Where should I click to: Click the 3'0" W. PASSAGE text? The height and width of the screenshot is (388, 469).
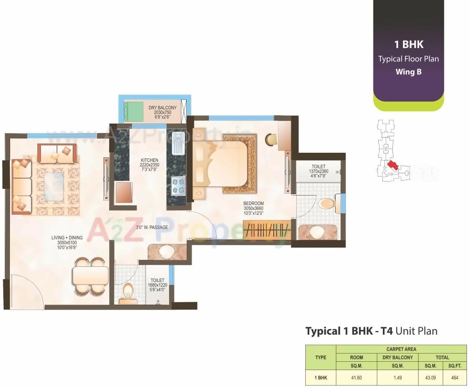pyautogui.click(x=152, y=227)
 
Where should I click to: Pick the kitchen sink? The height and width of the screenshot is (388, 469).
pyautogui.click(x=178, y=143)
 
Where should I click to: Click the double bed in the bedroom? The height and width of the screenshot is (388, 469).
pyautogui.click(x=224, y=164)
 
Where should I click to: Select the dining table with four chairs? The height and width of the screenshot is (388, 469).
pyautogui.click(x=90, y=276)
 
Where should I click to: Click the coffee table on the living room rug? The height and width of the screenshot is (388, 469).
pyautogui.click(x=56, y=186)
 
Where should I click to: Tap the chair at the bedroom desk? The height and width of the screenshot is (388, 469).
pyautogui.click(x=271, y=139)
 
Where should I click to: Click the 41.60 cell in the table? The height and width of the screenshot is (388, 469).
pyautogui.click(x=356, y=377)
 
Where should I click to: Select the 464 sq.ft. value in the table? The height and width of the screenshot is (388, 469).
pyautogui.click(x=455, y=377)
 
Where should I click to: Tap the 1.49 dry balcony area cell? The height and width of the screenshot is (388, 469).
pyautogui.click(x=397, y=377)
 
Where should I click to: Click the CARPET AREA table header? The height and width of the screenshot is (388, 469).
pyautogui.click(x=401, y=349)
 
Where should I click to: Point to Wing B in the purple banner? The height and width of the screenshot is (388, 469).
pyautogui.click(x=408, y=72)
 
